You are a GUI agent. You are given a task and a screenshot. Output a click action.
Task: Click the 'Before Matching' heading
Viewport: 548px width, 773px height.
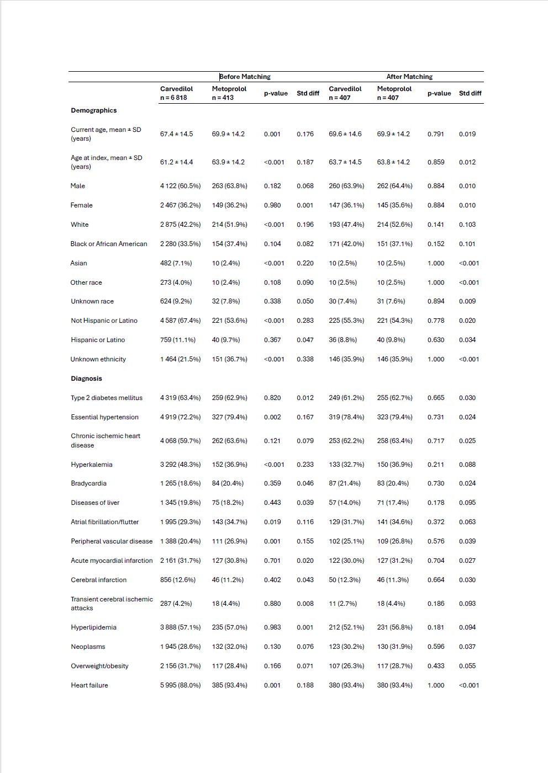point(245,77)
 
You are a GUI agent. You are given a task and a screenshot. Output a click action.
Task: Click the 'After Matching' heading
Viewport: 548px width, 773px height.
point(409,77)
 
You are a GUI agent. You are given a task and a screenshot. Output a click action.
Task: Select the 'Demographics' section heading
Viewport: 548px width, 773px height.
point(94,110)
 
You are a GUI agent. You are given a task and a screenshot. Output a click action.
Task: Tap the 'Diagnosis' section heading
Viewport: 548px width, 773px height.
point(86,378)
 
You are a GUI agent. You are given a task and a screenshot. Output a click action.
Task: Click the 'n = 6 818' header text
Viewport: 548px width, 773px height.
point(173,98)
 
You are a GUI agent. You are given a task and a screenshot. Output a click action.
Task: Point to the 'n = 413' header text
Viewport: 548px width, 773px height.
point(223,98)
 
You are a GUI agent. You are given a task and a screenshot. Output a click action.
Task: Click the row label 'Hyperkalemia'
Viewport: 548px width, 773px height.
point(92,465)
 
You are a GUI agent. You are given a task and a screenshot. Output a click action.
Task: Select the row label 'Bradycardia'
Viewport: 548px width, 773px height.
point(88,483)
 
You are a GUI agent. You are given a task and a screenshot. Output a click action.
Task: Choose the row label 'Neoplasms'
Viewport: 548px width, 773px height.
point(88,647)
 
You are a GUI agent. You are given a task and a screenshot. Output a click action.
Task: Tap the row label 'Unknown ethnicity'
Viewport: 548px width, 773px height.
point(98,359)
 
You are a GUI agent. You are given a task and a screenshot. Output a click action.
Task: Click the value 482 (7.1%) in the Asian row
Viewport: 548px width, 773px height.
point(176,263)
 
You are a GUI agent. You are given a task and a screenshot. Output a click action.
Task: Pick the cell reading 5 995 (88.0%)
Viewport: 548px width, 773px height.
point(180,685)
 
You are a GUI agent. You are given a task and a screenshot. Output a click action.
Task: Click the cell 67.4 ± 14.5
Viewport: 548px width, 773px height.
point(177,134)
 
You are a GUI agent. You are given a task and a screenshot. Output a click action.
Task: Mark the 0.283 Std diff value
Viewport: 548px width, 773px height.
point(305,321)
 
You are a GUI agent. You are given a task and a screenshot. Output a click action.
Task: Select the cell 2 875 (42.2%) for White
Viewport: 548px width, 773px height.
point(180,225)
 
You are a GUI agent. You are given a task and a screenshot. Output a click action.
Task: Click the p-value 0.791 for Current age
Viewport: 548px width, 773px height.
point(436,134)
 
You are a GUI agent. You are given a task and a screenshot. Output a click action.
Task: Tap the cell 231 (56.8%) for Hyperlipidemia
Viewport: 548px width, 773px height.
point(394,627)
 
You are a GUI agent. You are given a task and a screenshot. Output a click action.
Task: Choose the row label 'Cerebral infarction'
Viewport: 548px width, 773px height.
point(99,580)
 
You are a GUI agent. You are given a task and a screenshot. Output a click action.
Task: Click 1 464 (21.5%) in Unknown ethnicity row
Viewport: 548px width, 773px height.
point(180,359)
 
